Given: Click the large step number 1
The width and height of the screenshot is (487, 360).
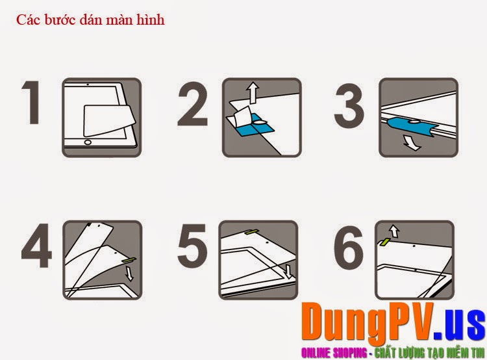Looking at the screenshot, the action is (x=32, y=102).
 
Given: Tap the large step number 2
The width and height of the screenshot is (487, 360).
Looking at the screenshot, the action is (x=193, y=104).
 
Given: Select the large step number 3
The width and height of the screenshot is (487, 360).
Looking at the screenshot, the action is (x=349, y=105).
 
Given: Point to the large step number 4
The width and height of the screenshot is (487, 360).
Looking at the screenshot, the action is (x=36, y=245).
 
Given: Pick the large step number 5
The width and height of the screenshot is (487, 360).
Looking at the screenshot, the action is (x=192, y=245).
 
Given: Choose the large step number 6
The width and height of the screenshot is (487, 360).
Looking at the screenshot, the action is (x=349, y=245).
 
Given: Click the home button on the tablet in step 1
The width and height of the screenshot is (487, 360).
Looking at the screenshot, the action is (x=88, y=142).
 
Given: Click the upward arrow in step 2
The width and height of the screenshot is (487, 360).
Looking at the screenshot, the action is (x=253, y=92).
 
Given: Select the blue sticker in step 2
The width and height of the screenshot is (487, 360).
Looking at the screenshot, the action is (x=252, y=124).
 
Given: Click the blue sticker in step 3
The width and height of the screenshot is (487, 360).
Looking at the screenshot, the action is (x=412, y=127).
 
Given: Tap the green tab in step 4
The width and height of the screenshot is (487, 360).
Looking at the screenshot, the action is (x=129, y=259).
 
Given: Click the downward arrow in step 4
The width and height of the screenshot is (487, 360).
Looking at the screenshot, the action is (x=129, y=274).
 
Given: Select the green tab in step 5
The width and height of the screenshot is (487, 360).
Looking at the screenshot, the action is (x=253, y=231).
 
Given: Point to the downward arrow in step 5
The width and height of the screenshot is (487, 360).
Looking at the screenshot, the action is (x=289, y=272).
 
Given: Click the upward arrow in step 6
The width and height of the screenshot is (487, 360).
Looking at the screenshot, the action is (x=394, y=231).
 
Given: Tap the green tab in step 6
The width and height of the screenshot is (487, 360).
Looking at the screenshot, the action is (x=384, y=242).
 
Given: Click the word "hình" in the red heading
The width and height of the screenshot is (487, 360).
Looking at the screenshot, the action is (x=151, y=19).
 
